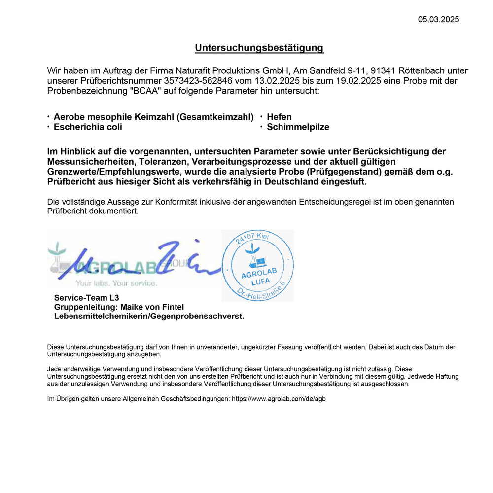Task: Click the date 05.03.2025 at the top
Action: tap(438, 20)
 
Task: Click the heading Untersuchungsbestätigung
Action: tap(259, 48)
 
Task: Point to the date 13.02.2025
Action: tap(273, 81)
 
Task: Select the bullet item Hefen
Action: tap(279, 117)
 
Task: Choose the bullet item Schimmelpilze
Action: tap(298, 127)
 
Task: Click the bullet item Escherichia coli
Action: tap(88, 127)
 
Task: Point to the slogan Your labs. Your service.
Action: tap(116, 283)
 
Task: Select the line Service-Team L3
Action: tap(86, 298)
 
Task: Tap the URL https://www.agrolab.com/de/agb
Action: tap(279, 399)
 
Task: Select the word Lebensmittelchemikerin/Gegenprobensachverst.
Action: tap(149, 317)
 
